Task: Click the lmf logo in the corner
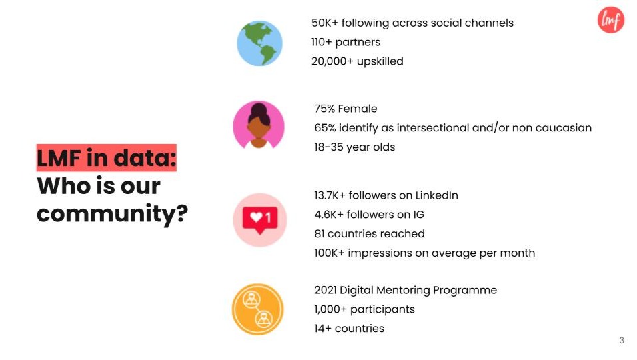coord(610,19)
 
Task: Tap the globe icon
coord(259,43)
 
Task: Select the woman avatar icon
coord(259,125)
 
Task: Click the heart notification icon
coord(260,219)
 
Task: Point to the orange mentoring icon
coord(258,309)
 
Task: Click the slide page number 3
coord(621,340)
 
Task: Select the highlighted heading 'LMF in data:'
coord(107,157)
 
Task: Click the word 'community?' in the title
coord(113,214)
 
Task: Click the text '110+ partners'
coord(346,42)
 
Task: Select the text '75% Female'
coord(346,109)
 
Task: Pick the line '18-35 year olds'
coord(355,147)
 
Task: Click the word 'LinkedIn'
coord(437,195)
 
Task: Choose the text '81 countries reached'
coord(370,233)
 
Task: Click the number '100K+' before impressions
coord(330,253)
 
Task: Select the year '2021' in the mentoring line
coord(326,290)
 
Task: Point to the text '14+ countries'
coord(349,329)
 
